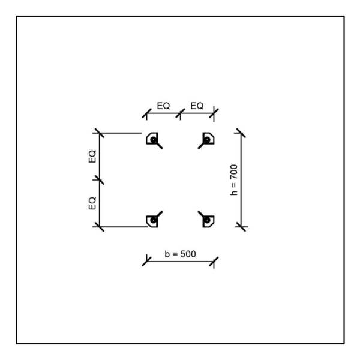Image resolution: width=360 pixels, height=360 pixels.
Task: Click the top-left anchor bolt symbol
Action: click(x=153, y=139)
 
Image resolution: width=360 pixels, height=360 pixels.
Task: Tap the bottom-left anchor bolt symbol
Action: click(x=153, y=220)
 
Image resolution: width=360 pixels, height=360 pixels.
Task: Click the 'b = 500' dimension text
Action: click(x=180, y=254)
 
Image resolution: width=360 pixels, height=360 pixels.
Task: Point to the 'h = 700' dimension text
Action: click(x=234, y=180)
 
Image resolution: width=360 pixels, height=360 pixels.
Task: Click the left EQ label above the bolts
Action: click(x=163, y=106)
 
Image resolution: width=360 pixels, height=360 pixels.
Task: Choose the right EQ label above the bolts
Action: click(x=197, y=106)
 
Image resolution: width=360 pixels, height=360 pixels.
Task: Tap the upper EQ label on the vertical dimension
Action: click(x=92, y=157)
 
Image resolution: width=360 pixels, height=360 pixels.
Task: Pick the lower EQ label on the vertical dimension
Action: click(x=92, y=203)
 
